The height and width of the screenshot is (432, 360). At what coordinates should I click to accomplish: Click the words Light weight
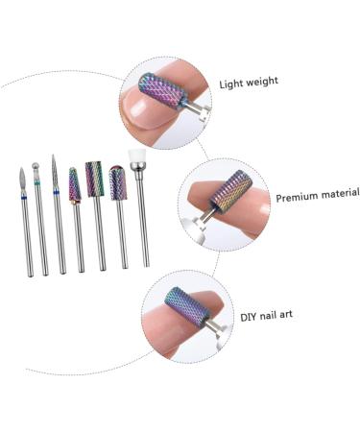tap(248, 82)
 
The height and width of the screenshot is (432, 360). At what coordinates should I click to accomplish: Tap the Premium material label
tap(317, 196)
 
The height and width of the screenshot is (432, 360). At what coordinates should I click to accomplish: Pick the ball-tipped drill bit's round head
tap(36, 165)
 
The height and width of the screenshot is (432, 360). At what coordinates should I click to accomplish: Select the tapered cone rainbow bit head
tap(74, 185)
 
